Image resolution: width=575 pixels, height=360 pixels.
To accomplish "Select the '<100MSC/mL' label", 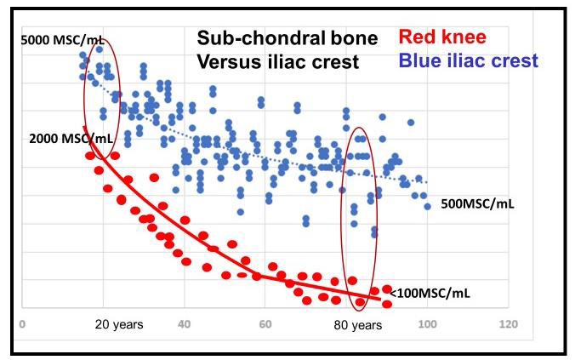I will (x=433, y=294).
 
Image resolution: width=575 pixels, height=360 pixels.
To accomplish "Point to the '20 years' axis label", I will (x=119, y=324).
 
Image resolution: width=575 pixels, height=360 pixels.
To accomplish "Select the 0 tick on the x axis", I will (x=22, y=324).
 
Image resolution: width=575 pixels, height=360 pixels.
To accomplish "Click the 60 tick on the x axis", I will (x=265, y=324).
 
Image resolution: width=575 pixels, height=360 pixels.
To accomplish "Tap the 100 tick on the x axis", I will (x=427, y=324).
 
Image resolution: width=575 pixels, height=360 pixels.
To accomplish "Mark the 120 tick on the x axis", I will (x=508, y=324).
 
